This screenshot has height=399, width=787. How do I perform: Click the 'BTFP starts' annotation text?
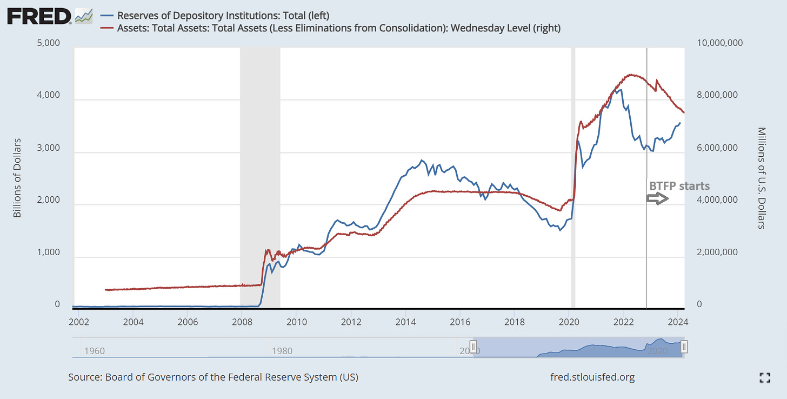pos(679,186)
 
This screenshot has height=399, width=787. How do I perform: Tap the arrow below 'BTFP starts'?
pos(658,199)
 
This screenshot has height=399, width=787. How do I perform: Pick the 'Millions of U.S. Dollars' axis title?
pos(762,178)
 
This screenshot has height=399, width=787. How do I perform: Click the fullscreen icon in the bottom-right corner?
pos(764,378)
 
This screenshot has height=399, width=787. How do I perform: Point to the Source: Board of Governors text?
pos(213,377)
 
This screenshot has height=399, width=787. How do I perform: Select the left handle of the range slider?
pos(473,347)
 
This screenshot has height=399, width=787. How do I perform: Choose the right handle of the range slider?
pos(684,347)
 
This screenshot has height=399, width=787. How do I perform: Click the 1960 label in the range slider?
pos(95,351)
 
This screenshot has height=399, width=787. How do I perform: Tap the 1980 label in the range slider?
pos(282,351)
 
